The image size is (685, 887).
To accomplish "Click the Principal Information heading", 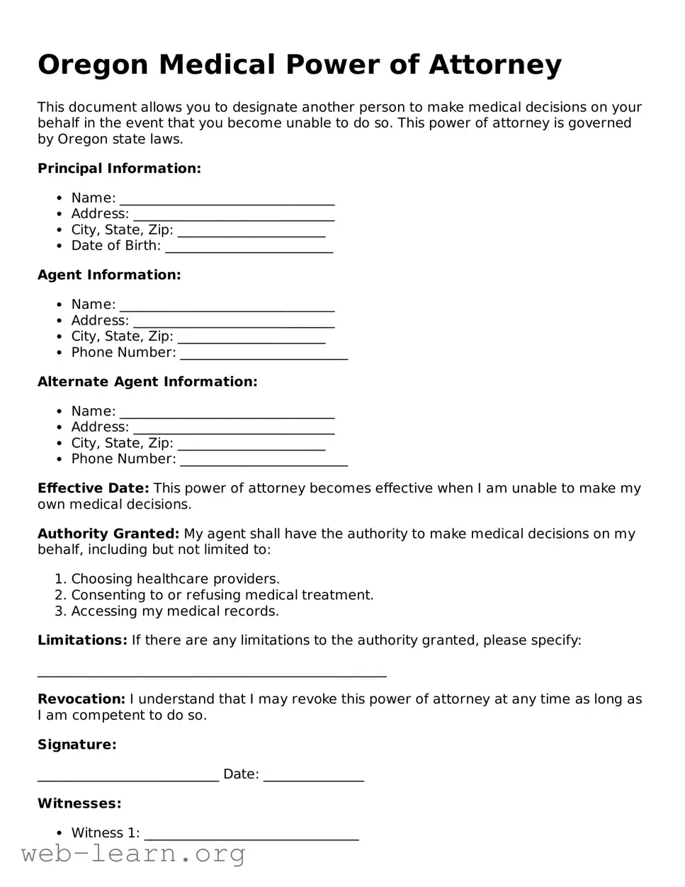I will tap(119, 169).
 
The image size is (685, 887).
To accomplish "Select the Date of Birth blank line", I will tap(249, 247).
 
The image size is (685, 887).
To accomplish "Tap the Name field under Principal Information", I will tap(227, 199).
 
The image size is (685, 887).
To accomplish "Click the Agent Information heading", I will tap(109, 275).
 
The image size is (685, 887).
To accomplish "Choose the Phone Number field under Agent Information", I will tap(264, 354).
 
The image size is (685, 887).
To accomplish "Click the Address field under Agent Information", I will tap(234, 322).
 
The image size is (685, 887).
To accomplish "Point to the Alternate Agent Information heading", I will tap(147, 382).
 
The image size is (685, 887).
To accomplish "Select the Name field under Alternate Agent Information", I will tap(227, 412).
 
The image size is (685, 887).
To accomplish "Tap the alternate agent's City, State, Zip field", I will tap(251, 444).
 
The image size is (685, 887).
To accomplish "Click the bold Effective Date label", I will tap(93, 488).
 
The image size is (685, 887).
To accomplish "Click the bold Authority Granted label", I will tap(108, 533).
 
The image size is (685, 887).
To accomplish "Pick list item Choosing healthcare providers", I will tap(175, 579).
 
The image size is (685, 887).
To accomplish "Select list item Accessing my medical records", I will tap(175, 611).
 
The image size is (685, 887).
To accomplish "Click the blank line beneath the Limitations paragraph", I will tap(212, 674).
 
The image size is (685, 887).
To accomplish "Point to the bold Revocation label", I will tap(81, 699).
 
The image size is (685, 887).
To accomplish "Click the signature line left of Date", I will tap(128, 775).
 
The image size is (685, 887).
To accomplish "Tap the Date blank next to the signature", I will tap(313, 775).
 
